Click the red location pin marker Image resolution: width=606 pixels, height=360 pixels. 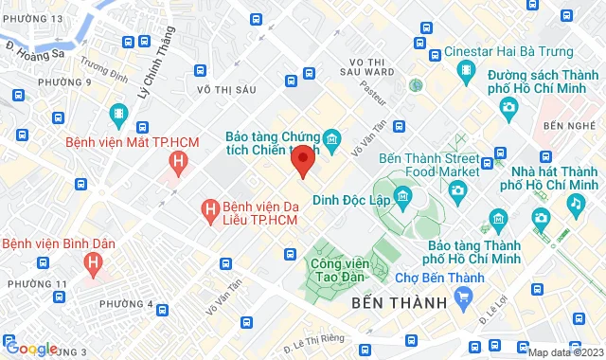[302, 161]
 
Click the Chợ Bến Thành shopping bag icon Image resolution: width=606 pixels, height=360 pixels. [463, 298]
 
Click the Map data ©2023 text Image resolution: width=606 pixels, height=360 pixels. [565, 352]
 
